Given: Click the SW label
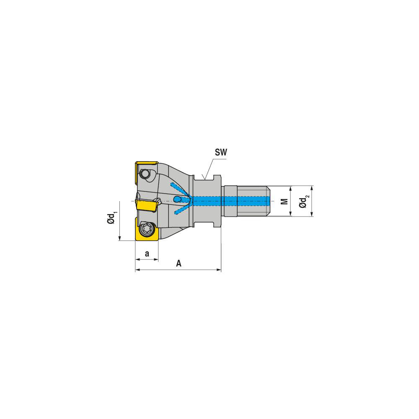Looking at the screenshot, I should [221, 153].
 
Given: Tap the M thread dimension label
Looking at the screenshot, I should [285, 201].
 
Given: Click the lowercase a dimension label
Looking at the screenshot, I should [147, 253].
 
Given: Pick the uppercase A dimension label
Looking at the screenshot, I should [178, 264].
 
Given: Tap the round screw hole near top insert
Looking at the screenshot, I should [145, 173].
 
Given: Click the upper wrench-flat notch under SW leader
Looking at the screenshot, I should [205, 178].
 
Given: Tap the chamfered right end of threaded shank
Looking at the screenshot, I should [269, 201].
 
